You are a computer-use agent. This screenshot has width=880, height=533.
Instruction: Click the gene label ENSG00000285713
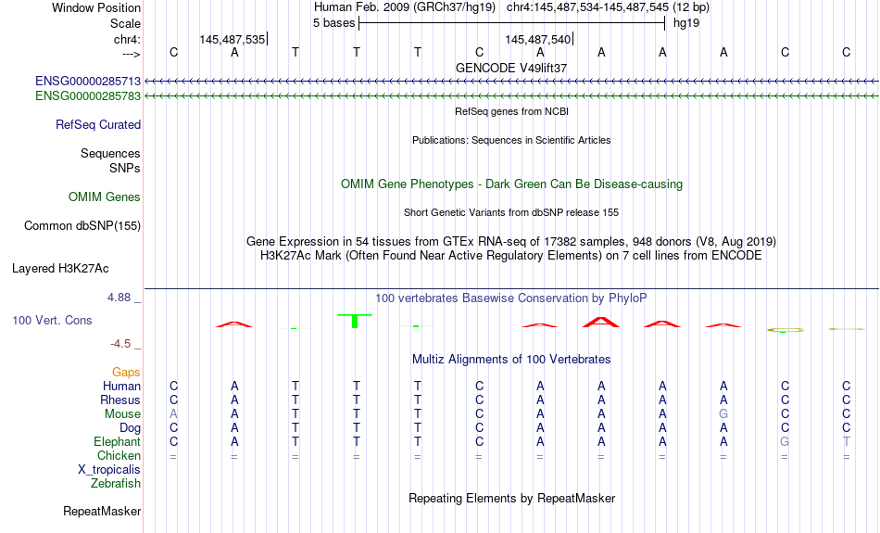click(x=88, y=82)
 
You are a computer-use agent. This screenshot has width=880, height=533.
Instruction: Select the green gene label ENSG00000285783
click(x=88, y=96)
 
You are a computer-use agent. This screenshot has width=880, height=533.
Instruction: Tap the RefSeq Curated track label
click(x=98, y=125)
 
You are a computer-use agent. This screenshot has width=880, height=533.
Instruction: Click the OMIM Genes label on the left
click(x=105, y=197)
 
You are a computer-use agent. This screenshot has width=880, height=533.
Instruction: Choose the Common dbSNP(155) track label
click(x=82, y=226)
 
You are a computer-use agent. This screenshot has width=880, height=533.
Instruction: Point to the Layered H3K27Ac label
click(x=60, y=269)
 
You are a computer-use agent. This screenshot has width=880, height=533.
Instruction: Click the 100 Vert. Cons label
click(x=52, y=320)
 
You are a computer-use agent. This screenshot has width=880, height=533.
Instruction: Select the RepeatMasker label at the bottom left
click(x=102, y=511)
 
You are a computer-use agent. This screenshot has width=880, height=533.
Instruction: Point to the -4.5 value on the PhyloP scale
click(x=120, y=344)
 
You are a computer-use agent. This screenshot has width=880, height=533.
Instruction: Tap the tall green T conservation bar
click(x=355, y=321)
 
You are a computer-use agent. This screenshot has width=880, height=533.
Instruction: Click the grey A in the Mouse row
click(x=173, y=414)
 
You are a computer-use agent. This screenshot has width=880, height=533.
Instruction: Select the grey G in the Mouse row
click(x=723, y=414)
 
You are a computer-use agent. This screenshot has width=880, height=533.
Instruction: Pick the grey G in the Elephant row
click(x=785, y=442)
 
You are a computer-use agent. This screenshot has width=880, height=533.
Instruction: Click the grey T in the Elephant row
click(x=846, y=442)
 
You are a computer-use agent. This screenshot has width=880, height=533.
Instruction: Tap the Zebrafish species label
click(x=116, y=484)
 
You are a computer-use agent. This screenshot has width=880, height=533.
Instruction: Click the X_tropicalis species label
click(x=109, y=470)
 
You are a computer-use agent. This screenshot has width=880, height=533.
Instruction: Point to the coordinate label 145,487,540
click(x=537, y=39)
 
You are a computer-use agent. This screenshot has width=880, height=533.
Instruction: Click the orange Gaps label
click(x=126, y=373)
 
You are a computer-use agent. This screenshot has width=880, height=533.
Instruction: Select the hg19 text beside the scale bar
click(x=686, y=23)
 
